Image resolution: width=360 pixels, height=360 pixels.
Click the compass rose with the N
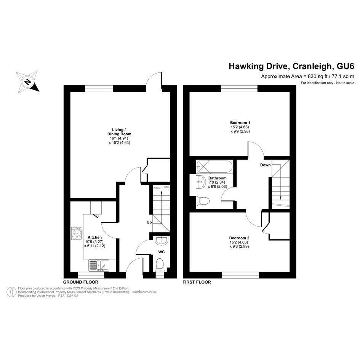click(27, 82)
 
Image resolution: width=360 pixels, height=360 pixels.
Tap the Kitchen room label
click(94, 237)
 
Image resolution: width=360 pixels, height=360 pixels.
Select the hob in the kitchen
click(77, 233)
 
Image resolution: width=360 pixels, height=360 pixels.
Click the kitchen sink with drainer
click(99, 266)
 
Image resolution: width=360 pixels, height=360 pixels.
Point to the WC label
click(162, 252)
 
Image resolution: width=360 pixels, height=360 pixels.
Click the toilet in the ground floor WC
click(160, 265)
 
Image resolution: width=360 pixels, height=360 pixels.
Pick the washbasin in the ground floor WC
click(162, 240)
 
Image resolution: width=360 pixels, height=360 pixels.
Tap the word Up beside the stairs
click(149, 222)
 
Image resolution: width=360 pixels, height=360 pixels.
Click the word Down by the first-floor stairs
click(266, 165)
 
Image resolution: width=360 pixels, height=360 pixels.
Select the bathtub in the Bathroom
click(214, 167)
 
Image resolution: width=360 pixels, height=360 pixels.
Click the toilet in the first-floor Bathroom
click(203, 201)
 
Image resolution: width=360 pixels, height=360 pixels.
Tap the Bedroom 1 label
click(240, 123)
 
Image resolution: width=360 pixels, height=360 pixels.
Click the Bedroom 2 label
click(239, 238)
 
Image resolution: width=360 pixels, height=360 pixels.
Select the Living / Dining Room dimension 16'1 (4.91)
click(119, 138)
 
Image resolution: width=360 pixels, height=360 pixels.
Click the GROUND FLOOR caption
click(81, 282)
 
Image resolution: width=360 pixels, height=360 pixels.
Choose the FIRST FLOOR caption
click(197, 282)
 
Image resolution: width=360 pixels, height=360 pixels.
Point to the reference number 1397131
click(72, 296)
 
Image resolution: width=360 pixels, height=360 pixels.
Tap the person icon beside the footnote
click(11, 292)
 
